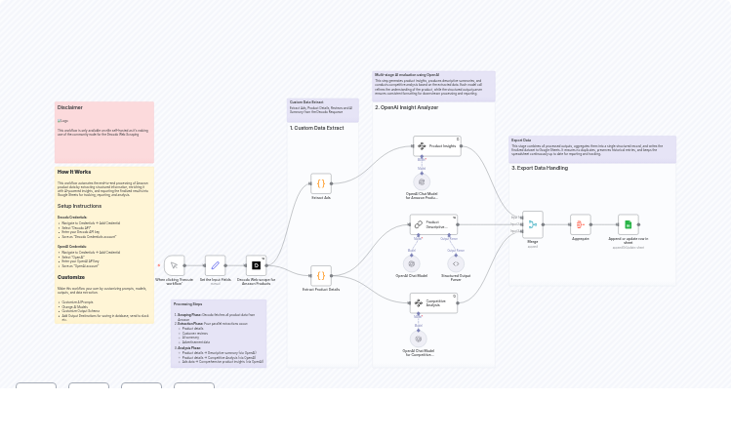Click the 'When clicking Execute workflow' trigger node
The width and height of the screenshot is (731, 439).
point(174,264)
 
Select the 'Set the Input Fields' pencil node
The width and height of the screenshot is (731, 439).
point(215,264)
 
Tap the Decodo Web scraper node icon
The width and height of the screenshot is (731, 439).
point(255,264)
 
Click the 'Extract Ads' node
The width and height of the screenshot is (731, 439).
point(321,182)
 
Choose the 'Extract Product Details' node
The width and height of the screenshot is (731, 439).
point(321,275)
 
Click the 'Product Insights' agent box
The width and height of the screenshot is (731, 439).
point(436,146)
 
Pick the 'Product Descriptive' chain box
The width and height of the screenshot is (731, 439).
point(433,224)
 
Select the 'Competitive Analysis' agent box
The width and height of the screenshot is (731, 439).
point(433,303)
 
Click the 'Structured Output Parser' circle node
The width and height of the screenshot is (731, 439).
point(456,263)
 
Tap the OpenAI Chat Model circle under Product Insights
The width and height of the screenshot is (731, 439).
point(422,181)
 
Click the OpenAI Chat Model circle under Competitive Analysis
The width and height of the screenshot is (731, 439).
point(418,339)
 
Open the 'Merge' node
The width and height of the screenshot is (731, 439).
point(533,224)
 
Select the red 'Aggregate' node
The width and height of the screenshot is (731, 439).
point(581,224)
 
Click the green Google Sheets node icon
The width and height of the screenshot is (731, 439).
point(629,224)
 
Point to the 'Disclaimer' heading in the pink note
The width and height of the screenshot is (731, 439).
point(70,107)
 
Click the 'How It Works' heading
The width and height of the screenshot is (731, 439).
point(74,172)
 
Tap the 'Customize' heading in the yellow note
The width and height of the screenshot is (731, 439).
point(71,277)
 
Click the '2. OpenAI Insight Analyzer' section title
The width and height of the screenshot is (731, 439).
point(407,107)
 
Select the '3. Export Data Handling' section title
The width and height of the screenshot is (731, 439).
point(540,168)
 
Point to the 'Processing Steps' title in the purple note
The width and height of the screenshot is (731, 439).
point(188,304)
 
